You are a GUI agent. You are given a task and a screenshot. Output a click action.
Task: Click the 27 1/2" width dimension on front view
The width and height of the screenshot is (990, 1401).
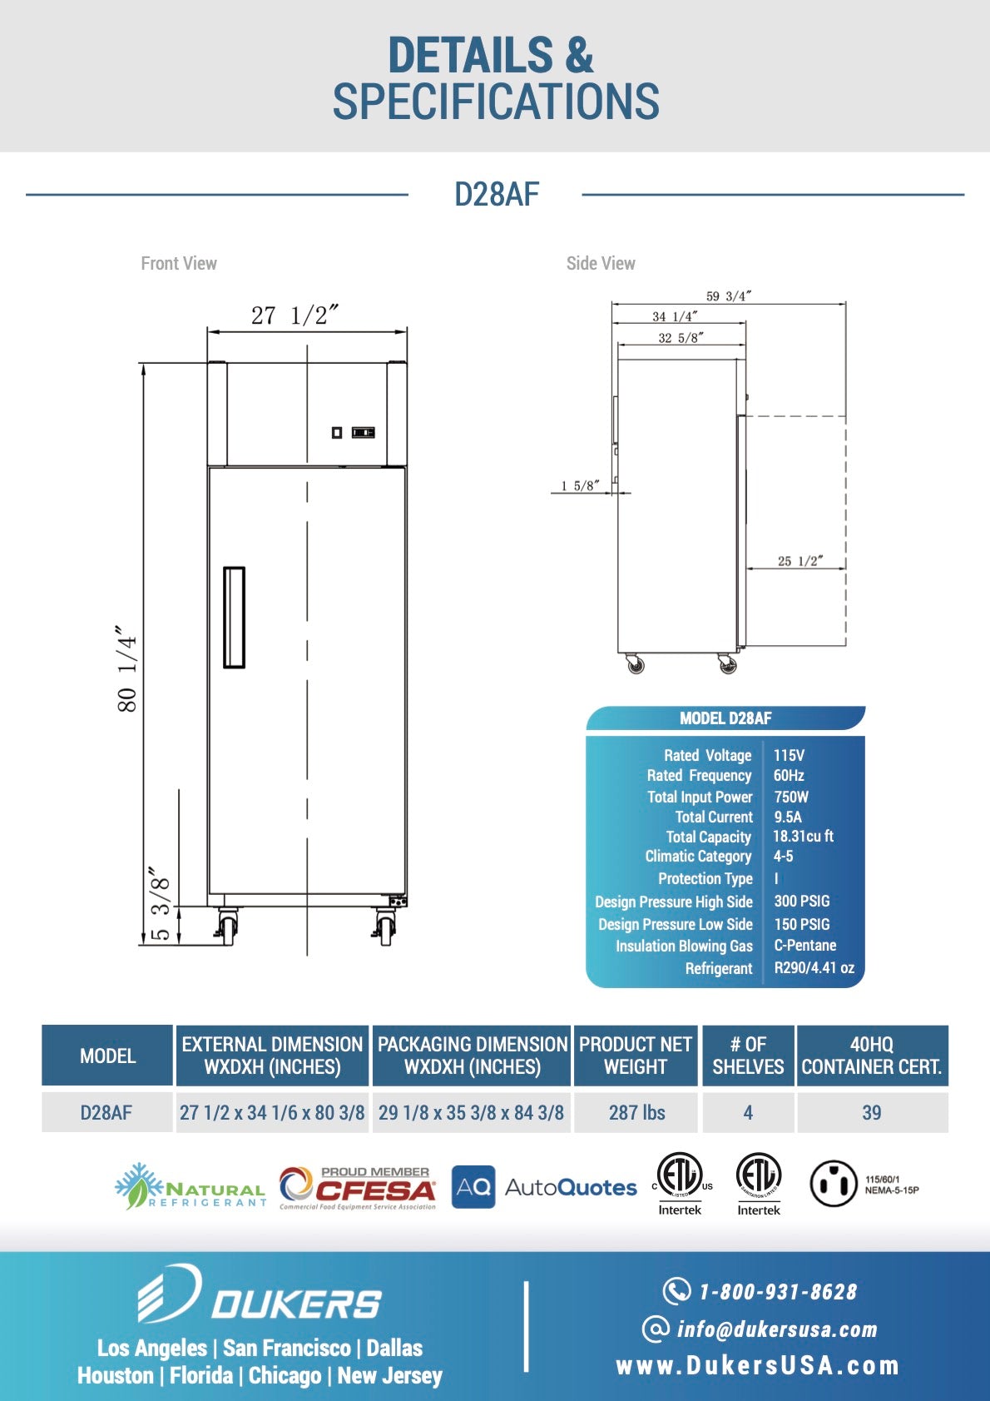click(295, 315)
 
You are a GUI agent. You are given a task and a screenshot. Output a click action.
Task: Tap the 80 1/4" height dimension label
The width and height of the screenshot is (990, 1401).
click(126, 669)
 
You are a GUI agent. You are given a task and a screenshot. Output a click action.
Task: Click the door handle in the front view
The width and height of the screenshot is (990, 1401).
click(234, 617)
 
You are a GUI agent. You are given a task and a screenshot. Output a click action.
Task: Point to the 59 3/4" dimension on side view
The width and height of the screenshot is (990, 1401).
click(728, 296)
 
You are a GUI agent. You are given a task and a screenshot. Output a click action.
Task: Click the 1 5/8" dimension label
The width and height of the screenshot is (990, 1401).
click(579, 485)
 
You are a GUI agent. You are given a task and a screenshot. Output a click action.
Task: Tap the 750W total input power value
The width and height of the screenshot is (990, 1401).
click(790, 797)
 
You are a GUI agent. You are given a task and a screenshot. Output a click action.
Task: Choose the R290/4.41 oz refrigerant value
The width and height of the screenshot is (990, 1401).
click(814, 967)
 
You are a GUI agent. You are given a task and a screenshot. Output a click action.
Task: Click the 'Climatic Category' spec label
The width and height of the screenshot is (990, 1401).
click(698, 856)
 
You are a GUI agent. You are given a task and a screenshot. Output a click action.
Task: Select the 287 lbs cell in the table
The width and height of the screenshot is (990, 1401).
click(636, 1112)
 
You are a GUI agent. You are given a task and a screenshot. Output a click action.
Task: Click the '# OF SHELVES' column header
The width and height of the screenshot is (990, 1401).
click(748, 1056)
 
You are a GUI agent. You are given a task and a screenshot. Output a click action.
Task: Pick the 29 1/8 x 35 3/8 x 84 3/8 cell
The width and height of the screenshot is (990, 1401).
click(471, 1112)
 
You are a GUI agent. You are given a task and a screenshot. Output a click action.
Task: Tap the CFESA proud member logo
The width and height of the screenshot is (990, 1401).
click(358, 1188)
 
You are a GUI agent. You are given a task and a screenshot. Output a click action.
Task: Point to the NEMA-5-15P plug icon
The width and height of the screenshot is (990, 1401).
click(833, 1184)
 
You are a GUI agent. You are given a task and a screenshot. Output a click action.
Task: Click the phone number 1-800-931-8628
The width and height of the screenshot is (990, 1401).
click(777, 1291)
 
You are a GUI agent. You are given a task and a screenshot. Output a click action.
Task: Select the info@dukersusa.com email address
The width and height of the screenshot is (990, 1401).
click(776, 1329)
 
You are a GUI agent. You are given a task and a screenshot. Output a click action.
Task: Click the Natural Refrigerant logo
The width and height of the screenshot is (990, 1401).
click(191, 1187)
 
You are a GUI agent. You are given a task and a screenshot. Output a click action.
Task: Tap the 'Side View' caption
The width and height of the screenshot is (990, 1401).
click(601, 263)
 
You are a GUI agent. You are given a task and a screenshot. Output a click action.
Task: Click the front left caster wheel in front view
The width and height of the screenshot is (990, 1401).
click(225, 926)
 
